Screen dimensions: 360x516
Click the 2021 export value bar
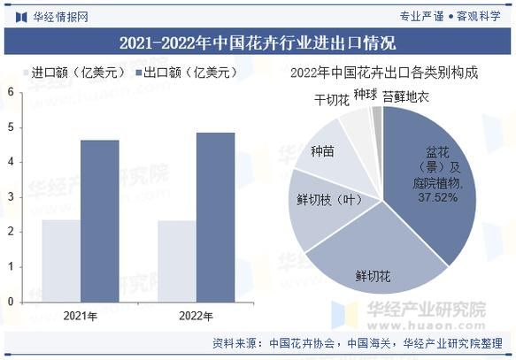coord(99,220)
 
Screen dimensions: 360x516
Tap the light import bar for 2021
coord(61,260)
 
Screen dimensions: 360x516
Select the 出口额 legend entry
coord(181,73)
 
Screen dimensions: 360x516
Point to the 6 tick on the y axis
coord(10,92)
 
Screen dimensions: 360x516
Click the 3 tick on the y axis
coord(10,196)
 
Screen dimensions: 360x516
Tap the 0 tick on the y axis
coord(10,301)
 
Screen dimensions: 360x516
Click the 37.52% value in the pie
coord(437,197)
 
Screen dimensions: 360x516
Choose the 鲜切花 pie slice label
coord(373,276)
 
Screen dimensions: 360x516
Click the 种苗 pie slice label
coord(322,152)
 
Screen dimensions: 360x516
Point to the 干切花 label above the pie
coord(332,99)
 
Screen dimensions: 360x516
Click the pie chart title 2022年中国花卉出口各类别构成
coord(384,73)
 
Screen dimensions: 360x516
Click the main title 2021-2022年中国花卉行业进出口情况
coord(258,42)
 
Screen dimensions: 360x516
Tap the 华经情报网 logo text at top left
coord(60,15)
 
